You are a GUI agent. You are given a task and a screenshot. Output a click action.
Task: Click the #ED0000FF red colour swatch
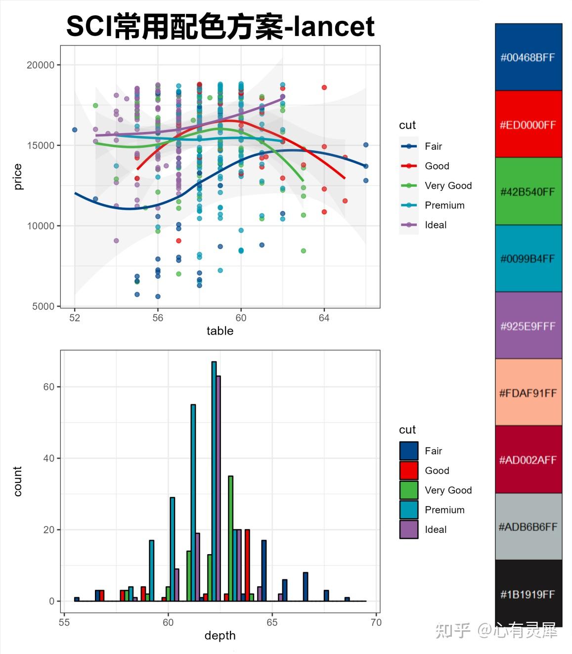coord(528,124)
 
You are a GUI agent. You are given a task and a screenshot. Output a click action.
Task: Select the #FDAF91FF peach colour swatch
coord(528,392)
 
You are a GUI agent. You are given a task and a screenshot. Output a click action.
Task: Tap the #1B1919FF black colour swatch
coord(528,593)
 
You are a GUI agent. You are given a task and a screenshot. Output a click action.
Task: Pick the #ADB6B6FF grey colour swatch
coord(528,526)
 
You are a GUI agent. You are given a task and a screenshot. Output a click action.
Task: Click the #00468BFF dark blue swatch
coord(528,57)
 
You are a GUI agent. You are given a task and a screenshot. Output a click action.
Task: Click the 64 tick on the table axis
coord(324,318)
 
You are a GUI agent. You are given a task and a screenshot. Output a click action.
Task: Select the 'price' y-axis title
coord(18,177)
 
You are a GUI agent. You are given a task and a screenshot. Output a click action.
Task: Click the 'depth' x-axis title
coord(220,636)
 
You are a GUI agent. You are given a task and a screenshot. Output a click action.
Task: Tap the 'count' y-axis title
coord(18,481)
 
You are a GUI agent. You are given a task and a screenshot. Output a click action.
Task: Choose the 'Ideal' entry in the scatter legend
coord(435,225)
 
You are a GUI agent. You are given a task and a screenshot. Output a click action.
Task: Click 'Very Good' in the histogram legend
coord(448,490)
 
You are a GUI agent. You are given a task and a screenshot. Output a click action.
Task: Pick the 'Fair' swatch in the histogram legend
coord(409,451)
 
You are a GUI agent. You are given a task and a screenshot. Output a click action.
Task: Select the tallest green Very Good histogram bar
coord(230,538)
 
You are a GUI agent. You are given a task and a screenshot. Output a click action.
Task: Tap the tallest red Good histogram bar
coord(247,565)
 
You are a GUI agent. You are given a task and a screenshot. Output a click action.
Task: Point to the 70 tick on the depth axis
coord(376,622)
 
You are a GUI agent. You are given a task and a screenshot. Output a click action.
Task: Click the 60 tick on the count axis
coord(48,387)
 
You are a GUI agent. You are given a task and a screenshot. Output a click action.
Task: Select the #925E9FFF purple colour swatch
coord(528,326)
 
